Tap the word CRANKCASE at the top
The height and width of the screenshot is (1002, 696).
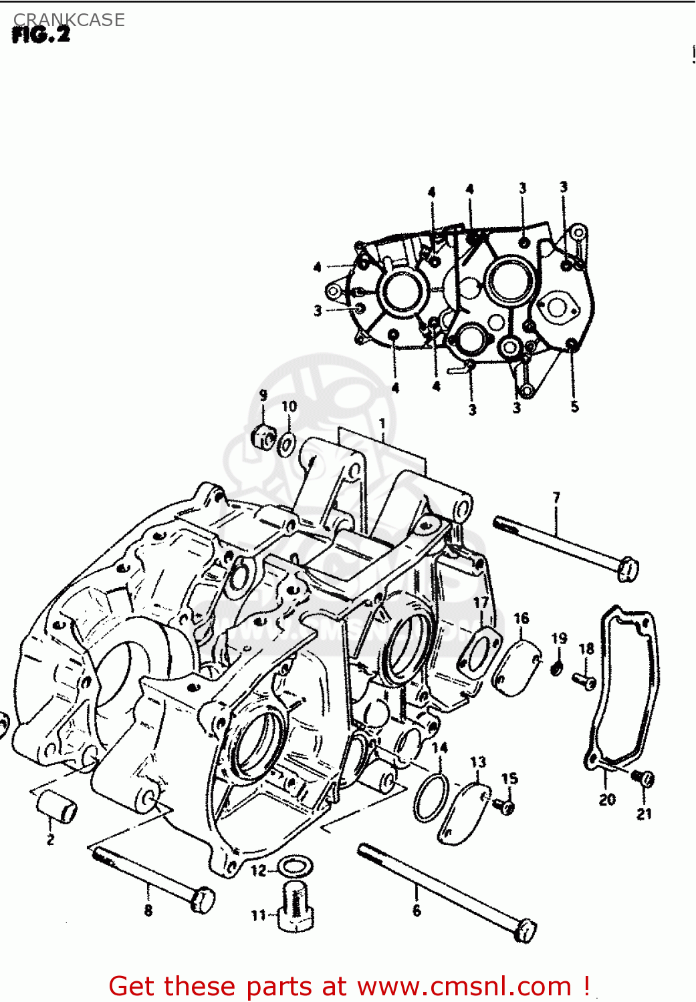point(69,19)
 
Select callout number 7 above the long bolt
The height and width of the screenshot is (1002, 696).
point(556,498)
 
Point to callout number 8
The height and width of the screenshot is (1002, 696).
point(148,910)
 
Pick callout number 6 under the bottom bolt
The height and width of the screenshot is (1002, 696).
point(417,910)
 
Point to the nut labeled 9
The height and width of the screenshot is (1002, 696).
point(263,438)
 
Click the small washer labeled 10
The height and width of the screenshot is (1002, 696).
point(288,443)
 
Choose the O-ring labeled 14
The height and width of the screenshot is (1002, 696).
point(431,798)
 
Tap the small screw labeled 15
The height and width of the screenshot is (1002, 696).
point(506,806)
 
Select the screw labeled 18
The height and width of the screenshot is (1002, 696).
point(584,681)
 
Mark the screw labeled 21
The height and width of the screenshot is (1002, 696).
point(645,778)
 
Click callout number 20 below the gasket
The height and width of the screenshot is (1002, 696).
point(607,799)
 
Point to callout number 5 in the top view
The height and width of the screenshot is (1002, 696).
point(574,407)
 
